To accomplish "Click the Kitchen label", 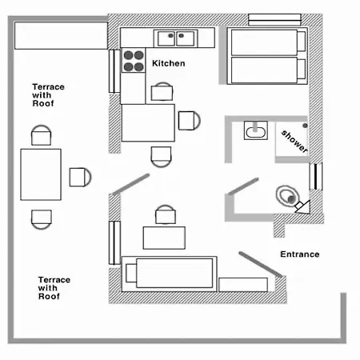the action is point(169,63).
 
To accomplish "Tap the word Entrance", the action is point(300,254).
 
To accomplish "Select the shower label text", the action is point(294,141).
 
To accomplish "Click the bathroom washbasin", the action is point(256,130).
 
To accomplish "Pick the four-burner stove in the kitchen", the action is point(134,61).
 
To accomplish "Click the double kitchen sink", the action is point(176,38).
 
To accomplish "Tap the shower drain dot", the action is point(305,126).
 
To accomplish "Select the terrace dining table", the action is point(41,174).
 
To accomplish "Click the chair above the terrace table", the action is point(41,135).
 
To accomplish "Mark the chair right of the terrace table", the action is point(80,177).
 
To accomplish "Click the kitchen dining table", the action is point(148,122).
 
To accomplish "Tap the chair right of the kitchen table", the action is point(190,121).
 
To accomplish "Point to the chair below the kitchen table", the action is point(161,157).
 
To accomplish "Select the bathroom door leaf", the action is point(243,186).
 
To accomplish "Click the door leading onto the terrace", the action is point(130,184).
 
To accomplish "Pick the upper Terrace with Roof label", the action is point(48,95).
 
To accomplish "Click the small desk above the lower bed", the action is point(164,238).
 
